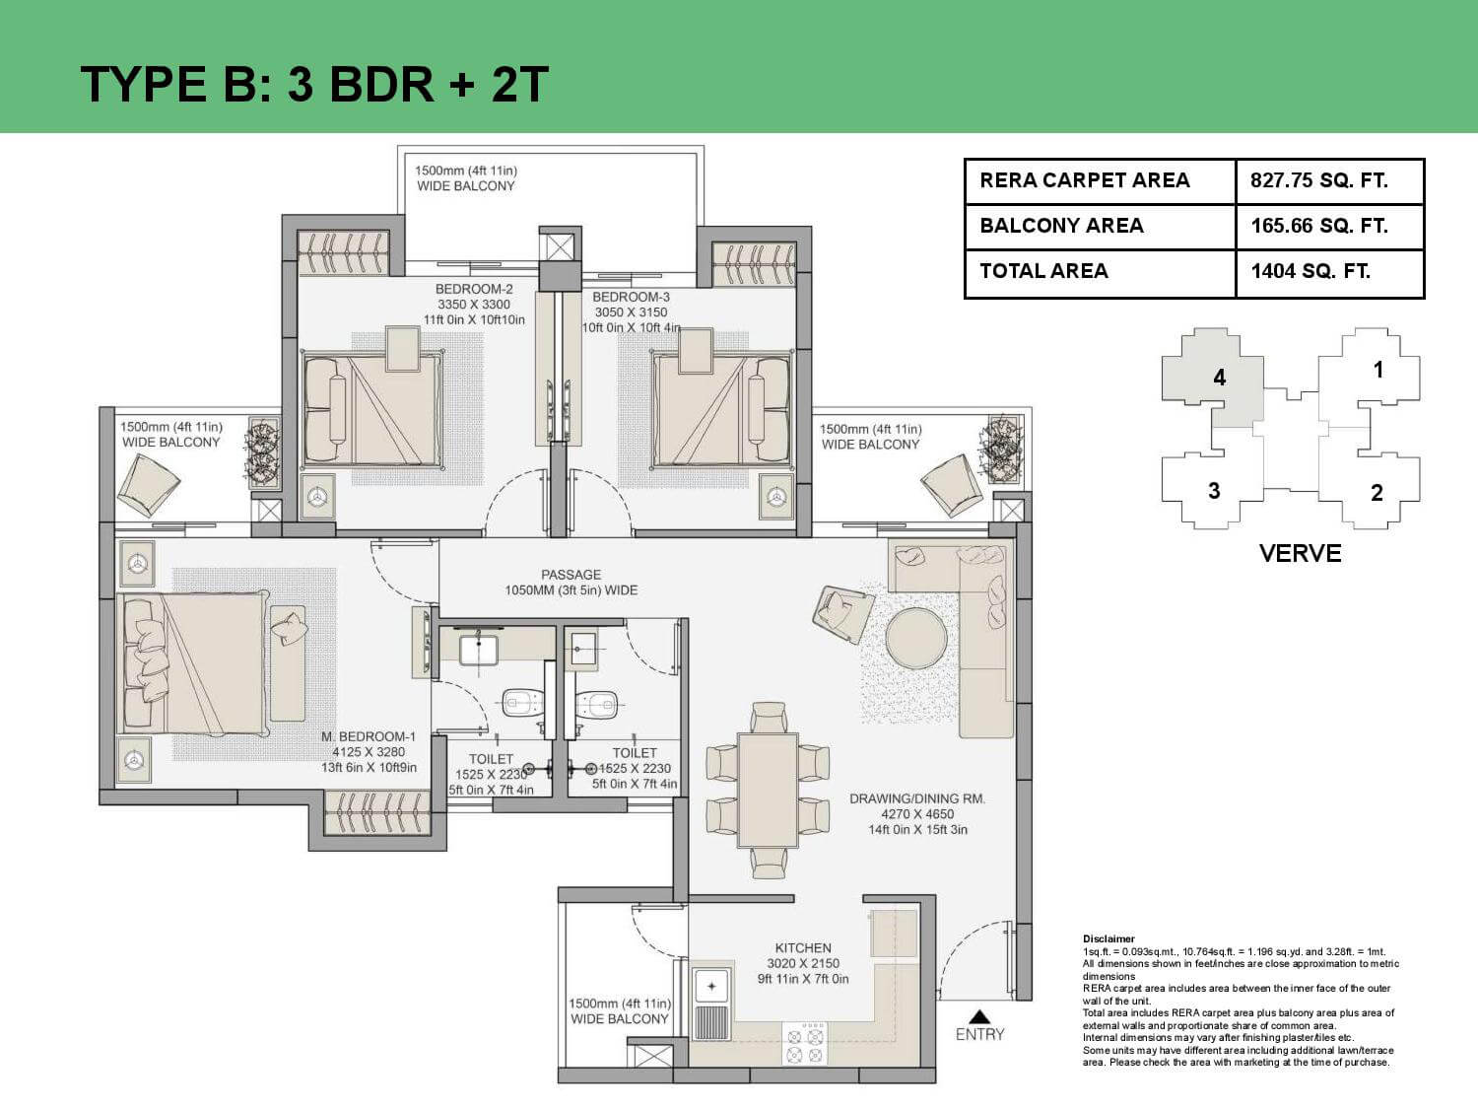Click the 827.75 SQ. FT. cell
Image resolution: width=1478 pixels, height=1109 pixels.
tap(1330, 181)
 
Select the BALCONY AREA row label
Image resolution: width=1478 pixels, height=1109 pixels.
tap(1061, 226)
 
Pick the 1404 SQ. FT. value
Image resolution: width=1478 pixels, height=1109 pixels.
tap(1310, 271)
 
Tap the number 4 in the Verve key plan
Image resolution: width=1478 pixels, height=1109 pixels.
tap(1220, 378)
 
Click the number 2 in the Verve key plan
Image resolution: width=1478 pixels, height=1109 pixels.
tap(1377, 493)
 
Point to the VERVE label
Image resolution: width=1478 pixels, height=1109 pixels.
tap(1301, 553)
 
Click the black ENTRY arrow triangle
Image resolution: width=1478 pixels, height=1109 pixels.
tap(979, 1016)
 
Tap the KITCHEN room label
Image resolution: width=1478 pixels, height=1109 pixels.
tap(803, 947)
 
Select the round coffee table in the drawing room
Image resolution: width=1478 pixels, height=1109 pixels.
tap(915, 638)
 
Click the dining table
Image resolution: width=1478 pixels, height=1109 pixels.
tap(768, 790)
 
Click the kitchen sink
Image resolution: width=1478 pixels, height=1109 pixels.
tap(711, 987)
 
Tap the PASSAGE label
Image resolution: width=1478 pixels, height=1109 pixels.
tap(571, 575)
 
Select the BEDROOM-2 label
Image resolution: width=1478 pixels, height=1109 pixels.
tap(474, 289)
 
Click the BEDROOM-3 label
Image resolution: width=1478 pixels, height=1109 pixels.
tap(631, 297)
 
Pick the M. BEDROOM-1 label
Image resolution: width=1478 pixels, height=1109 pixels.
tap(369, 736)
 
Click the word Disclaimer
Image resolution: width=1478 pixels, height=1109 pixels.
tap(1108, 938)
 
